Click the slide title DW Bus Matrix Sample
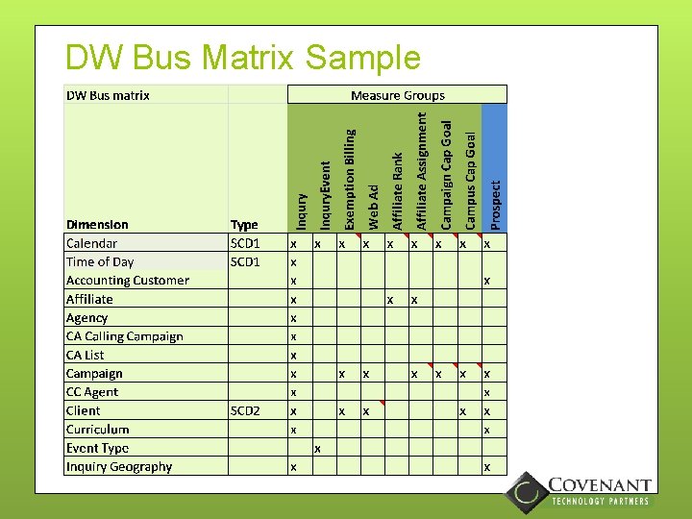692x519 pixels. click(x=242, y=58)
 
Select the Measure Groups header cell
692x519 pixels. click(x=397, y=95)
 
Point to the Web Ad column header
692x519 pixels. click(x=374, y=206)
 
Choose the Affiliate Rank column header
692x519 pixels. click(x=398, y=190)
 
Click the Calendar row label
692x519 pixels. click(x=92, y=243)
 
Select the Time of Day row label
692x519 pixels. click(x=100, y=261)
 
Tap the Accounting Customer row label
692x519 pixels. click(x=128, y=281)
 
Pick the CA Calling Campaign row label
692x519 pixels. click(x=124, y=336)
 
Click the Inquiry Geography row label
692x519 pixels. click(x=119, y=466)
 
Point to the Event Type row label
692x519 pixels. click(x=97, y=448)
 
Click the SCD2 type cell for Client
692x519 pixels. click(x=245, y=410)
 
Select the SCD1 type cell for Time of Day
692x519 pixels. click(x=245, y=261)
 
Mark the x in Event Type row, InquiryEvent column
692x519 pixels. click(x=317, y=449)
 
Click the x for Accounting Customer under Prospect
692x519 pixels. click(x=487, y=282)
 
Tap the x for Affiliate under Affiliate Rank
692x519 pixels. click(x=389, y=300)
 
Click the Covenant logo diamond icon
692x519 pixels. click(x=526, y=492)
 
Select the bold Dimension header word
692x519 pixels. click(x=97, y=225)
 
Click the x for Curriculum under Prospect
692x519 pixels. click(x=487, y=430)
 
